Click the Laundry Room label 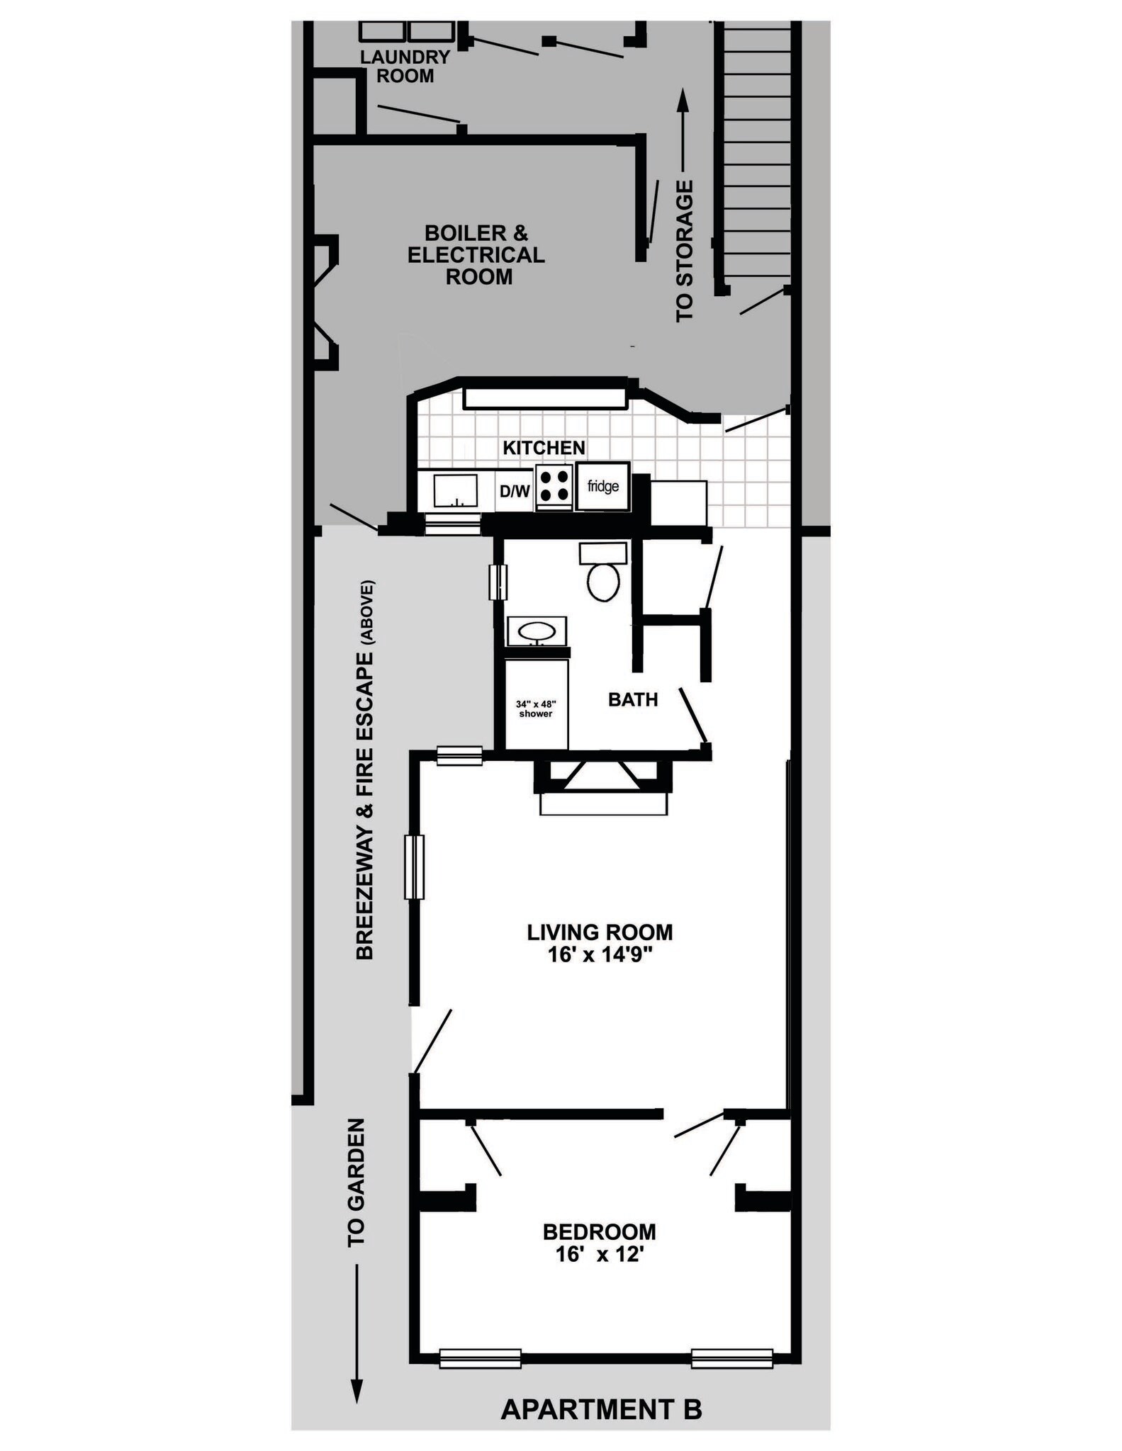pos(405,66)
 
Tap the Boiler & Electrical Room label pos(476,254)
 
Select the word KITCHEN pos(544,448)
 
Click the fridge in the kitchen pos(602,487)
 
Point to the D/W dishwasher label pos(515,490)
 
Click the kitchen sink pos(455,490)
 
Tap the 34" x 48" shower pos(536,708)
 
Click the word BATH pos(633,700)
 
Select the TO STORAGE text pos(685,251)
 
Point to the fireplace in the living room pos(602,786)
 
